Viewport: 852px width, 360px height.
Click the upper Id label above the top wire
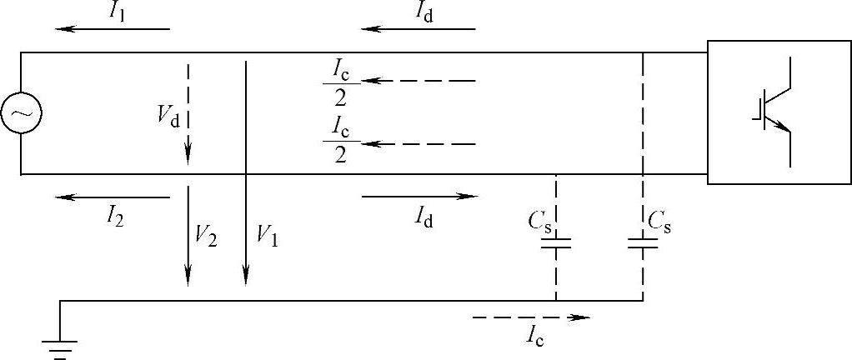(424, 11)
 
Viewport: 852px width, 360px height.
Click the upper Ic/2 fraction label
(341, 82)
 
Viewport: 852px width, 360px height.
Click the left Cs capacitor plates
(556, 243)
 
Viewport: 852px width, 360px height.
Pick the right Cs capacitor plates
(643, 243)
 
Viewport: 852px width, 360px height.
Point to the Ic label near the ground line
(536, 336)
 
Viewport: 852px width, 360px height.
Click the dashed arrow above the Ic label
(530, 317)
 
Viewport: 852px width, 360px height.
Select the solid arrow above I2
(113, 197)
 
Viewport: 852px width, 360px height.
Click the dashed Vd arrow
(188, 112)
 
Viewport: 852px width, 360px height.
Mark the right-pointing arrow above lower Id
(419, 197)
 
